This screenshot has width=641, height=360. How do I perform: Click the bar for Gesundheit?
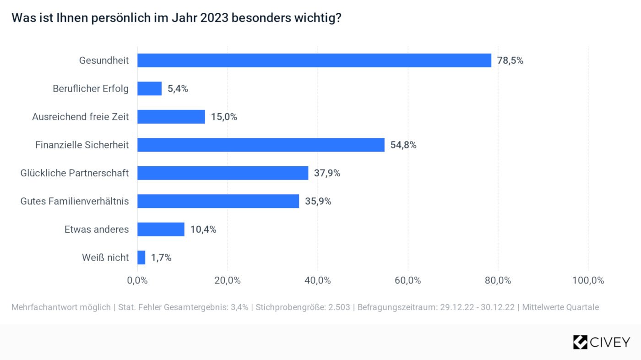pos(314,60)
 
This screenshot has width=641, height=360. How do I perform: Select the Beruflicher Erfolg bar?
pos(150,89)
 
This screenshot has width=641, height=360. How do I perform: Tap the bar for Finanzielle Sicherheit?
pos(261,145)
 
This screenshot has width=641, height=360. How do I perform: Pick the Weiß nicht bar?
pos(141,257)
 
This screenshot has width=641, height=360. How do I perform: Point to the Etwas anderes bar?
pos(161,229)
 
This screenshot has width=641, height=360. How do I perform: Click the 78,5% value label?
pos(510,60)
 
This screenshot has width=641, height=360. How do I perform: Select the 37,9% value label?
pos(327,173)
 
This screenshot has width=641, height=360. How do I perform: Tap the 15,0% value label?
pos(224,117)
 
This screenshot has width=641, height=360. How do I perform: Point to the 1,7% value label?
pos(161,258)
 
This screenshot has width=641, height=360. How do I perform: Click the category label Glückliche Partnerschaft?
pos(75,173)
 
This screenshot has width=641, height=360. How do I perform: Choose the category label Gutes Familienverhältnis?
pos(75,201)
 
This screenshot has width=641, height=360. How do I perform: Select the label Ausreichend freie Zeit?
pos(81,117)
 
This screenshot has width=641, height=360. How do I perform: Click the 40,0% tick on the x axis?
pos(318,280)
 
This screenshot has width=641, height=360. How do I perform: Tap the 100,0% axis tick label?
pos(588,280)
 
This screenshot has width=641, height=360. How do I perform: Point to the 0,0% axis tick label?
pos(137,280)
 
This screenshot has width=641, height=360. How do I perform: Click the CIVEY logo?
pos(601,342)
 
